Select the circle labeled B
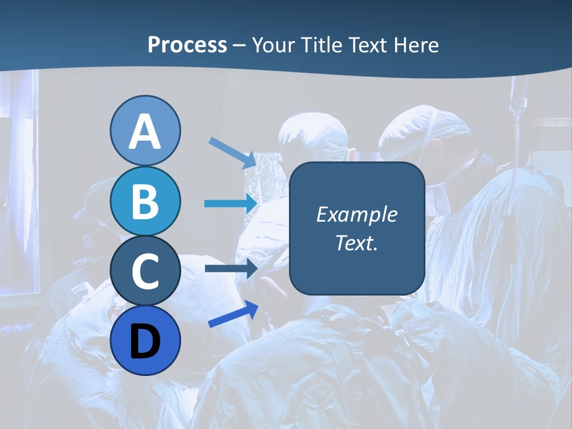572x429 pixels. pyautogui.click(x=145, y=201)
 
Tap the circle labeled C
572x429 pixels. pyautogui.click(x=145, y=271)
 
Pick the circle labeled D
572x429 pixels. pyautogui.click(x=145, y=341)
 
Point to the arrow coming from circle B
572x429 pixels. pyautogui.click(x=231, y=203)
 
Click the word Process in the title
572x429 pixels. pyautogui.click(x=187, y=45)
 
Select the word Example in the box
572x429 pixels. pyautogui.click(x=356, y=214)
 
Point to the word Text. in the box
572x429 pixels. pyautogui.click(x=356, y=243)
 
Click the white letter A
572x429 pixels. pyautogui.click(x=145, y=132)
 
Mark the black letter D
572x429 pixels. pyautogui.click(x=145, y=341)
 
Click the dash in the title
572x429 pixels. pyautogui.click(x=240, y=46)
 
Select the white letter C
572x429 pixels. pyautogui.click(x=145, y=272)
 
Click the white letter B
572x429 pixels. pyautogui.click(x=145, y=202)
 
